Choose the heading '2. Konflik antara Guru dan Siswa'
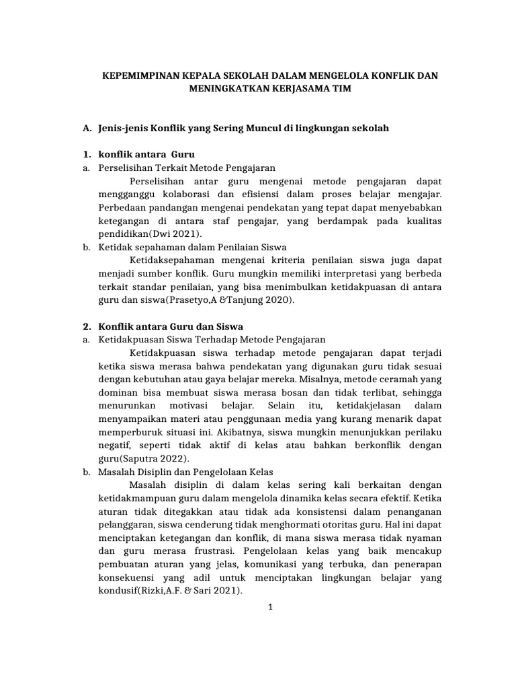pos(171,326)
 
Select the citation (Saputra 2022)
pos(150,458)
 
